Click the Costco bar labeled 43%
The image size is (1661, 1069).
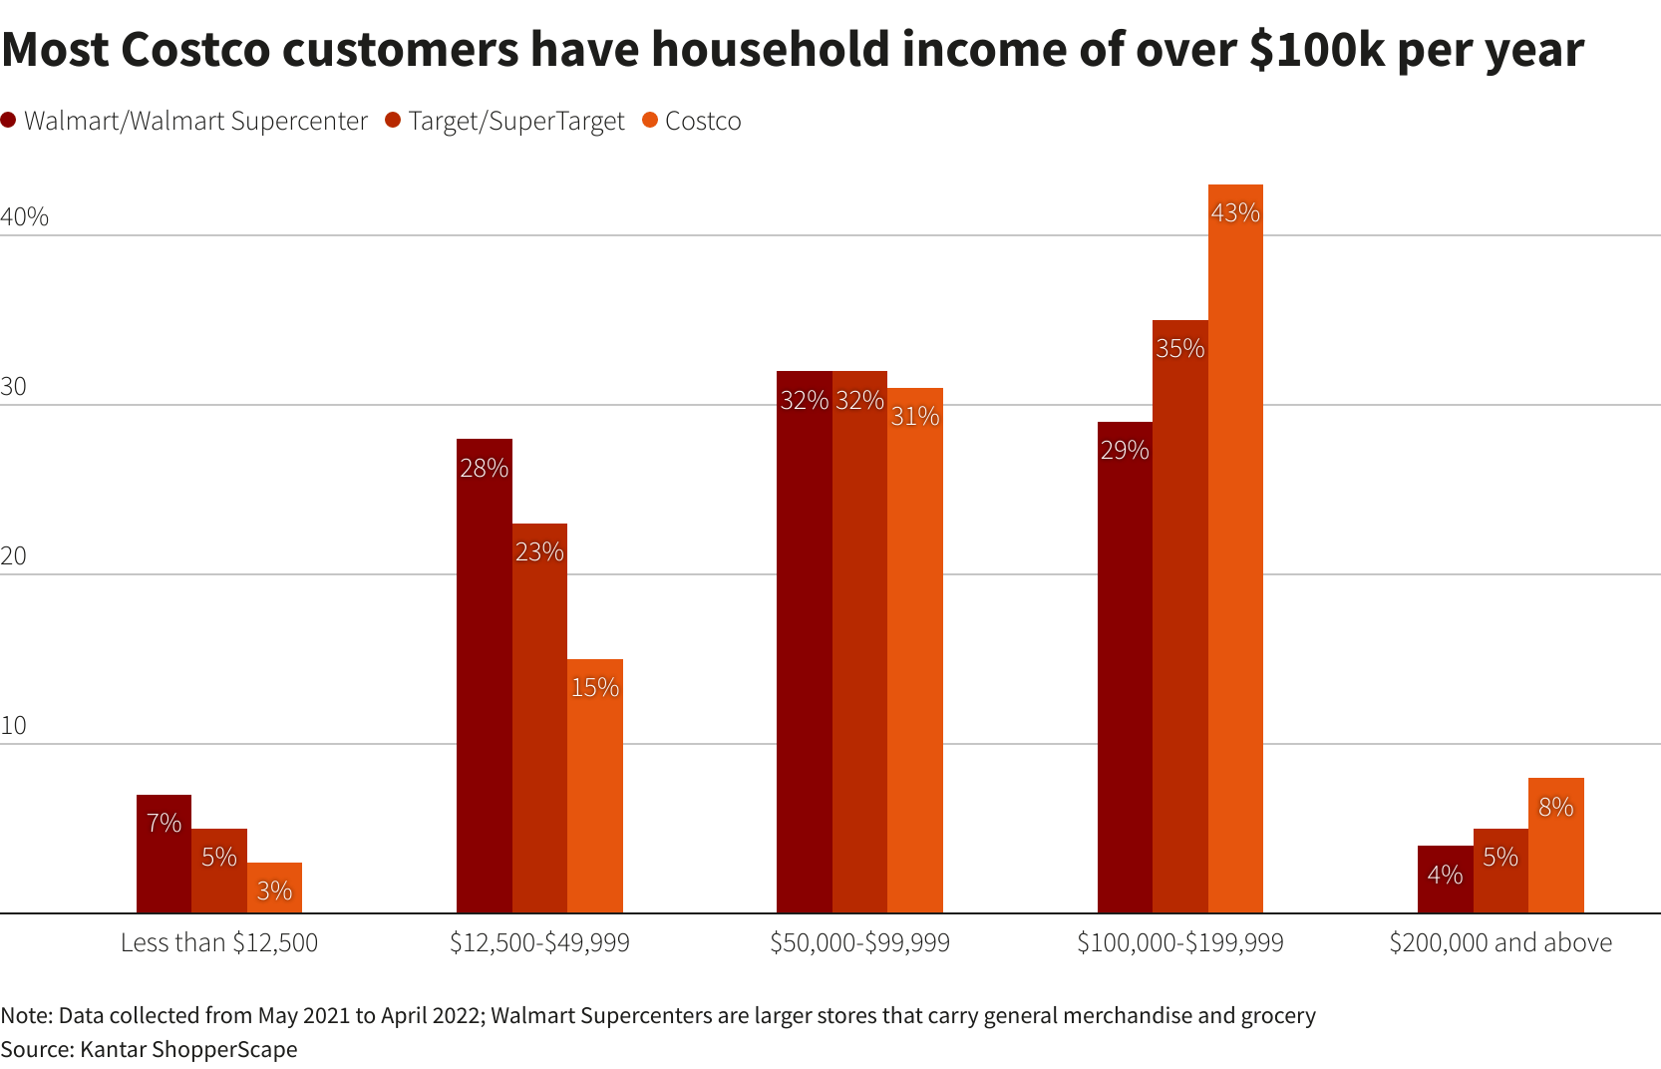1235,548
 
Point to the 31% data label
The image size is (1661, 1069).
915,416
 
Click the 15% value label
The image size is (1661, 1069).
595,687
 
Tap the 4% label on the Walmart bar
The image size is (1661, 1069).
1445,875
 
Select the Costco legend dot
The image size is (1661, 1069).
651,121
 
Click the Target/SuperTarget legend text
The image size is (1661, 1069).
515,121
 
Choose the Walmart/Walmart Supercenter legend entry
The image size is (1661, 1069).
195,121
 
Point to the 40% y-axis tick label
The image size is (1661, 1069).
24,216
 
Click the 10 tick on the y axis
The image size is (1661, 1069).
14,725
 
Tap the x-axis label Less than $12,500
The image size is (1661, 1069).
219,942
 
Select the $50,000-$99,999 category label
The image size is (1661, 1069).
859,942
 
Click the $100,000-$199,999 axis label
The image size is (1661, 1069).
1180,942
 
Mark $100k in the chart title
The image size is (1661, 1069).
1316,49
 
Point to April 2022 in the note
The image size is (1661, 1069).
431,1015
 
